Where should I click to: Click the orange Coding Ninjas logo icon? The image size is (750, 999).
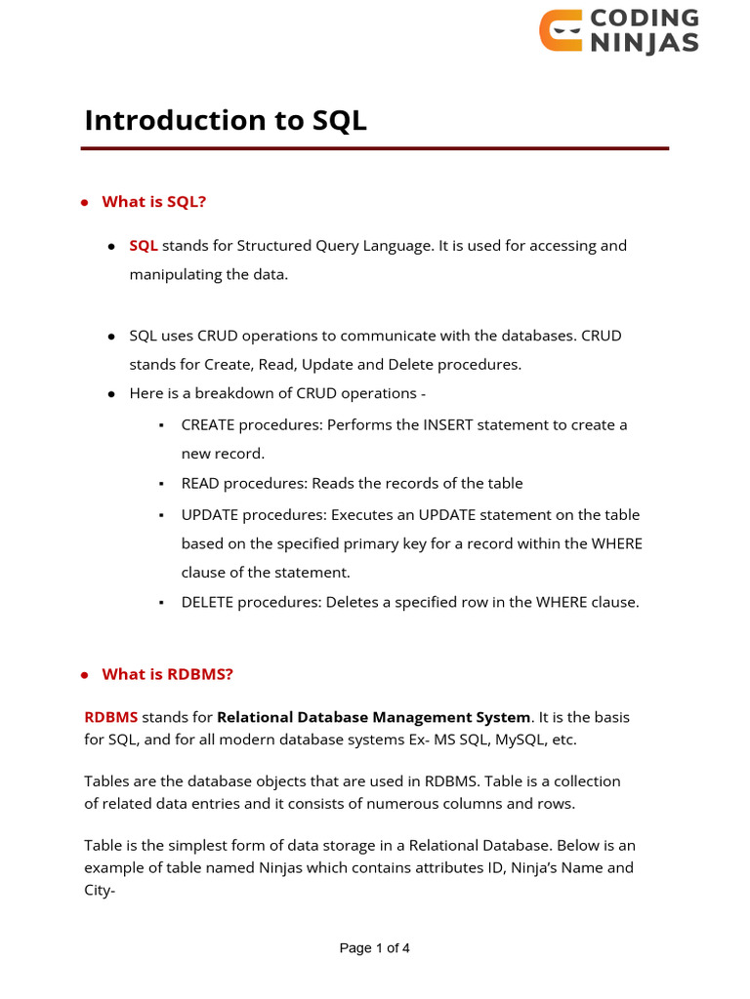(561, 30)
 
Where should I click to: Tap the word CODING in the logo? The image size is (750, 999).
(645, 19)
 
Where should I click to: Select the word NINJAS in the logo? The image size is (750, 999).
(645, 43)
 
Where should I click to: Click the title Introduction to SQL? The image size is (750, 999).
(226, 120)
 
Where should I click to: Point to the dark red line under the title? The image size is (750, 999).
(374, 148)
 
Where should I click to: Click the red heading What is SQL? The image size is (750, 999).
(154, 201)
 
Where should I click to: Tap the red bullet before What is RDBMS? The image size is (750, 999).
(86, 675)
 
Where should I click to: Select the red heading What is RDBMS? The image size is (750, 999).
(168, 674)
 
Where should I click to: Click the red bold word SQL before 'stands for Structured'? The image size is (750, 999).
(144, 246)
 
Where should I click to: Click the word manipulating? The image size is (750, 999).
(173, 274)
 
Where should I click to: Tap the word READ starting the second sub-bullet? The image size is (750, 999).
(200, 484)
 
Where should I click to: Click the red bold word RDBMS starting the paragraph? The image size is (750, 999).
(110, 717)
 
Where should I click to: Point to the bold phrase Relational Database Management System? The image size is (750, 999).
(374, 717)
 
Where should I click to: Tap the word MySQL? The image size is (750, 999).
(521, 739)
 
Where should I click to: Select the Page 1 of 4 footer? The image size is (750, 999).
(374, 948)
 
